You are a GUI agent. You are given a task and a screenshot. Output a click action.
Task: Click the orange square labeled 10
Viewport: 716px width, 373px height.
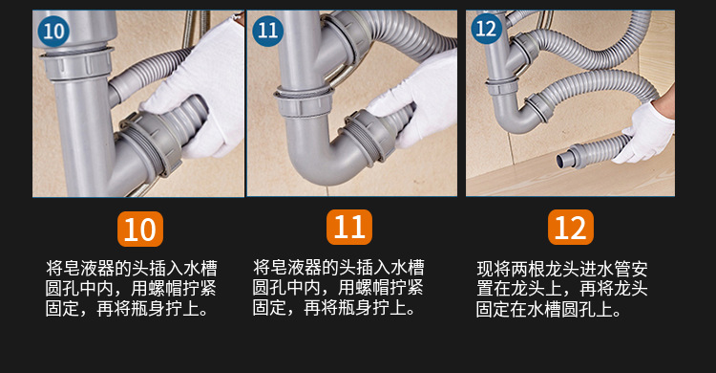139,230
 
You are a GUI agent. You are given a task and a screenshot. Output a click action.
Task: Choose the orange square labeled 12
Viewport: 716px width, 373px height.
570,228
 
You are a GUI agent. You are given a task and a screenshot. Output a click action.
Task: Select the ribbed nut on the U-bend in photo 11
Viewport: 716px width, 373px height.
357,134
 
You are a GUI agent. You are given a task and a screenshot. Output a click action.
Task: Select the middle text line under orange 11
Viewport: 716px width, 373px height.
339,287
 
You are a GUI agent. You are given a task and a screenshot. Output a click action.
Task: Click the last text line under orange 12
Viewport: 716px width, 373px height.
549,310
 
